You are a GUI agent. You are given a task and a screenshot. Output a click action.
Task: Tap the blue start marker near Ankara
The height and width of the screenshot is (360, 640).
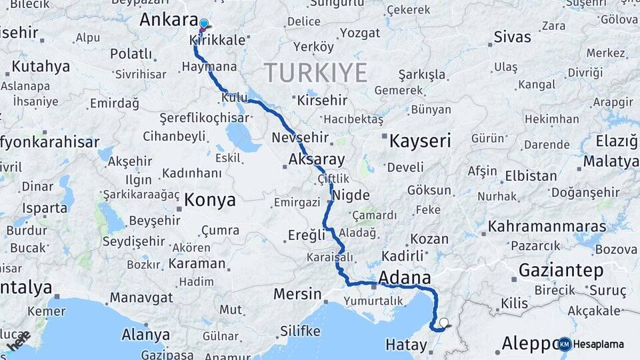click(203, 24)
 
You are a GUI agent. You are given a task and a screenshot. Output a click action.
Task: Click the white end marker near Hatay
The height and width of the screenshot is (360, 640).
click(443, 323)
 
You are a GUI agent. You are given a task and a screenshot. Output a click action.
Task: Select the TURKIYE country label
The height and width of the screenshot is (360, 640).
click(316, 72)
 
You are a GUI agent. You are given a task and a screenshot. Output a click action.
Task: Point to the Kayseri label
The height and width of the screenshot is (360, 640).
click(420, 141)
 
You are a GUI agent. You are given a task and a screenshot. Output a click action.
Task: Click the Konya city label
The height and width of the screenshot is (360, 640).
click(210, 199)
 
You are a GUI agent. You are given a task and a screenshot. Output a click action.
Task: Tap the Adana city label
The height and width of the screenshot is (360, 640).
click(405, 277)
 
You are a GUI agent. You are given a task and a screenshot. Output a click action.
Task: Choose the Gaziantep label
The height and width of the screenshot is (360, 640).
click(561, 271)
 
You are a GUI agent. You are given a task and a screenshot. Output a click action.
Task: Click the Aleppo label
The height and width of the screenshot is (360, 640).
click(530, 343)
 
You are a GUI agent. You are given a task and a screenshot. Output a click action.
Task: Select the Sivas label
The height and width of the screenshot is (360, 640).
click(512, 37)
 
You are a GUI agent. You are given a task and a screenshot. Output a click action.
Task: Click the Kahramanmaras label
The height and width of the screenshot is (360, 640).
click(547, 227)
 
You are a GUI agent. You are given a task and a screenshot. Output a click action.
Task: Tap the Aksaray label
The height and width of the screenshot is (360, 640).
click(317, 159)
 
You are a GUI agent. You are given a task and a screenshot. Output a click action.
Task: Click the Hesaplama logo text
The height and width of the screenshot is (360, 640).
click(599, 344)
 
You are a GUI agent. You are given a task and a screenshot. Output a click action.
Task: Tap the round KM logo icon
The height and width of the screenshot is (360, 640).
click(565, 344)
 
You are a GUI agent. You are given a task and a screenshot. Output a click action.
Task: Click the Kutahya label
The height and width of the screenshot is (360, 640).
click(41, 67)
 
